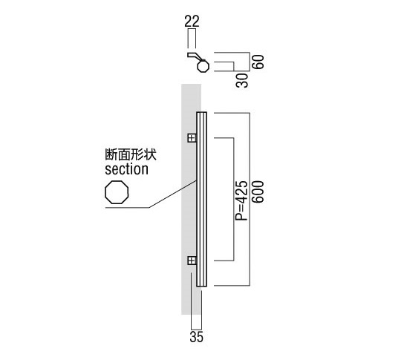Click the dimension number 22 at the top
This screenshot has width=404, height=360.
pos(192,22)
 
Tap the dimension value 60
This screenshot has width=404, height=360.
pos(258,62)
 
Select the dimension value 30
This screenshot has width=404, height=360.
pos(242,80)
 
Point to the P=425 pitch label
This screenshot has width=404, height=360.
pos(241,201)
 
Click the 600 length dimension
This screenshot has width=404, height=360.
pos(258,192)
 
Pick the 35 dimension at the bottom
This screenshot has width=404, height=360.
pos(197,337)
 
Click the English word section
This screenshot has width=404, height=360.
pos(126,169)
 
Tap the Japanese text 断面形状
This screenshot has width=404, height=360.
pos(131,155)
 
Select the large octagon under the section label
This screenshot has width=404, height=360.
pos(117,181)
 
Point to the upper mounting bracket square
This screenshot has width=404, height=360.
pos(192,138)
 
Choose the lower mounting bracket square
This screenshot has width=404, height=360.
pos(192,261)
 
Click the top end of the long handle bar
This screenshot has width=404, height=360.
pos(202,112)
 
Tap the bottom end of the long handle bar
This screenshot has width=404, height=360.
pos(202,286)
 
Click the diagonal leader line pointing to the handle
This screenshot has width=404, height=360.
pos(173,194)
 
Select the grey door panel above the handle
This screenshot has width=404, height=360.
pos(191,98)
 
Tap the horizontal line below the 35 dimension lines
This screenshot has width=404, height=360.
pos(196,329)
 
